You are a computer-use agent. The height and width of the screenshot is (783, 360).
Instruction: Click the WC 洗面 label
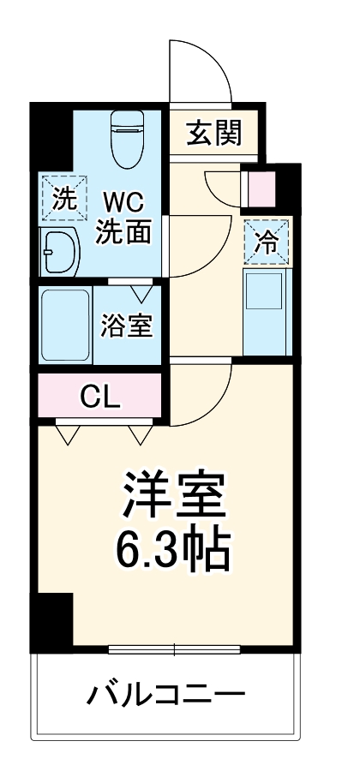tap(124, 218)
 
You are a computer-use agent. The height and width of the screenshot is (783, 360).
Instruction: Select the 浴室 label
tap(126, 326)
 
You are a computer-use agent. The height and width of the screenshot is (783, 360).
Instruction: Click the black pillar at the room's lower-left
tap(52, 620)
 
